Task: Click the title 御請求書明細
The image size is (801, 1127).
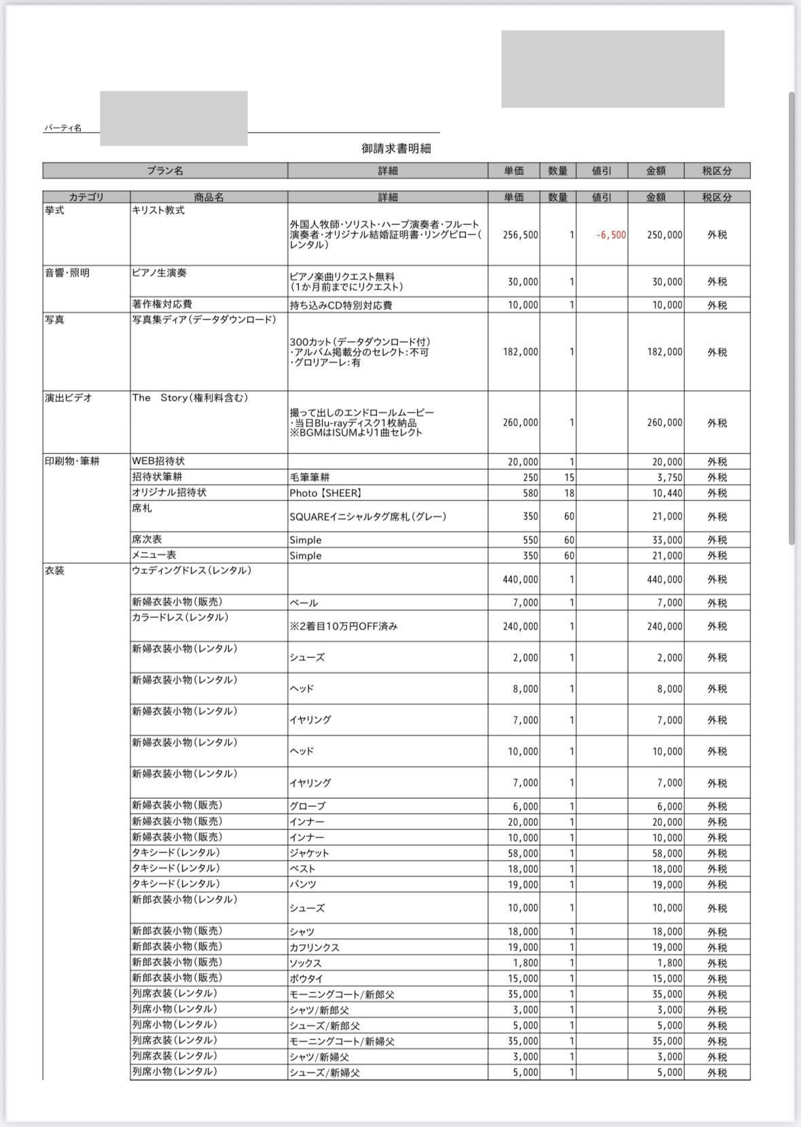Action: point(396,148)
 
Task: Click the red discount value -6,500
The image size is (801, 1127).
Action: point(611,235)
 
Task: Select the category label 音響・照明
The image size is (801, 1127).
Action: point(67,273)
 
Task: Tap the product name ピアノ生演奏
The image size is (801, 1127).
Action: point(159,273)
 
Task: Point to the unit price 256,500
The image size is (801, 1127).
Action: point(520,235)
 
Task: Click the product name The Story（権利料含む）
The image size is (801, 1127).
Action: point(190,398)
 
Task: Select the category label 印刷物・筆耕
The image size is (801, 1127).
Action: point(72,462)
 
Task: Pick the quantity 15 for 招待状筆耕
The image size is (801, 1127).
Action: point(569,477)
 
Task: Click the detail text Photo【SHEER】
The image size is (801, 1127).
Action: point(325,493)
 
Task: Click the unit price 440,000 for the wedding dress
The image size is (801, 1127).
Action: point(520,579)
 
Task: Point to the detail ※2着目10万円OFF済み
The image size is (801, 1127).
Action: point(343,626)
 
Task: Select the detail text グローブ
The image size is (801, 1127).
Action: point(307,806)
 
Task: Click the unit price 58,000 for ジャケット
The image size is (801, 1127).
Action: point(523,853)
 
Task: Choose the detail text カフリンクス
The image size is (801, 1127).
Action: point(314,947)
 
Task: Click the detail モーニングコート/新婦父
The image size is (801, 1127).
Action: point(342,1041)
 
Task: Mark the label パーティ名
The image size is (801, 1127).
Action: point(63,128)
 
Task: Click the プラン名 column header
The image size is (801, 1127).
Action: point(165,171)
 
